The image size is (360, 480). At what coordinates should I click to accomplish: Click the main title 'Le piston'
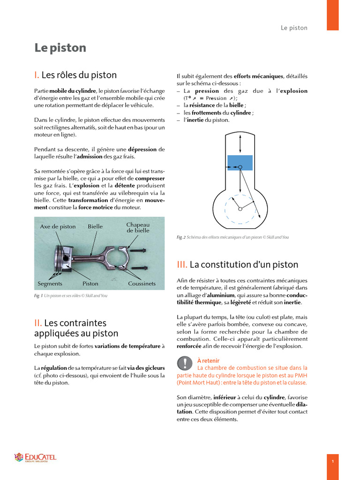(x=60, y=48)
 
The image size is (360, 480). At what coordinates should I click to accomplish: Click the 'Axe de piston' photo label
(x=58, y=226)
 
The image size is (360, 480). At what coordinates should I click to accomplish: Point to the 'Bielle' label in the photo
(x=95, y=226)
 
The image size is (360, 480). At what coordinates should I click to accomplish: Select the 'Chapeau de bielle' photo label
(x=138, y=228)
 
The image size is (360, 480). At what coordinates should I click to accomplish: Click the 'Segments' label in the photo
(x=50, y=284)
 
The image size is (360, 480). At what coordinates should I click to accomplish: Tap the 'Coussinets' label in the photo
(x=142, y=284)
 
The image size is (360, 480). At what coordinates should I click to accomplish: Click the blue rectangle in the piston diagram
(x=240, y=163)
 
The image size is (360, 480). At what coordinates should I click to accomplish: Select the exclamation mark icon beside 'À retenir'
(x=185, y=363)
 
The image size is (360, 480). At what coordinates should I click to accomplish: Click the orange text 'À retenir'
(x=208, y=360)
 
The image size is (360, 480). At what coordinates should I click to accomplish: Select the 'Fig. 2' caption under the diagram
(x=232, y=237)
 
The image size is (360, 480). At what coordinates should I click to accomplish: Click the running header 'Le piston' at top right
(x=294, y=28)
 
